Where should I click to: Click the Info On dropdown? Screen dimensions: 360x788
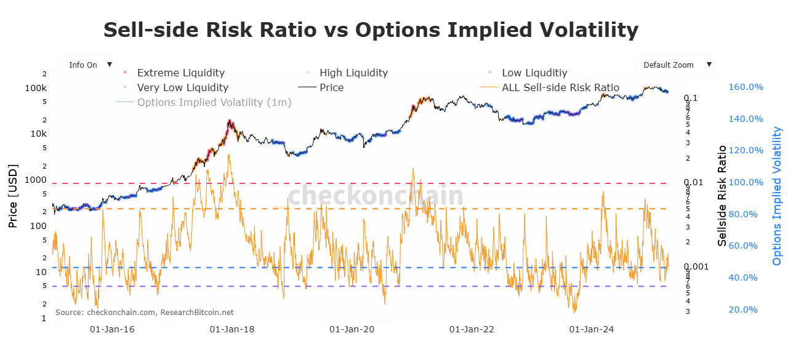click(90, 65)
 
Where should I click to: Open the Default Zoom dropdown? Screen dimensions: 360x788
click(676, 65)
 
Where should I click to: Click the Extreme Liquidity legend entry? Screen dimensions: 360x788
click(180, 73)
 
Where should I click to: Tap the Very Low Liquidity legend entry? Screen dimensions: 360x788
click(182, 87)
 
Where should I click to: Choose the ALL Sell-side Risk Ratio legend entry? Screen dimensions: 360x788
click(560, 87)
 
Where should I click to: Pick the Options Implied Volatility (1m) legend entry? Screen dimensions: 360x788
click(214, 102)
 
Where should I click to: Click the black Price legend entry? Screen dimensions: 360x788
click(331, 87)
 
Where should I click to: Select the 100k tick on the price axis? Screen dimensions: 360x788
click(36, 88)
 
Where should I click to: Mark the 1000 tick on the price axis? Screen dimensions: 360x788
click(34, 180)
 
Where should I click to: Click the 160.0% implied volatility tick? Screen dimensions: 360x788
click(746, 87)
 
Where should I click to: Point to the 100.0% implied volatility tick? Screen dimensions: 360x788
click(746, 182)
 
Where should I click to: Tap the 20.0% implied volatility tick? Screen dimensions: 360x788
click(742, 310)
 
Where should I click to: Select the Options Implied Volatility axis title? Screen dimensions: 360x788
click(778, 196)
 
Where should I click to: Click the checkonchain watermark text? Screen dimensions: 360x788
click(376, 196)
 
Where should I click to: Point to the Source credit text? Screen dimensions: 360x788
click(144, 313)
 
